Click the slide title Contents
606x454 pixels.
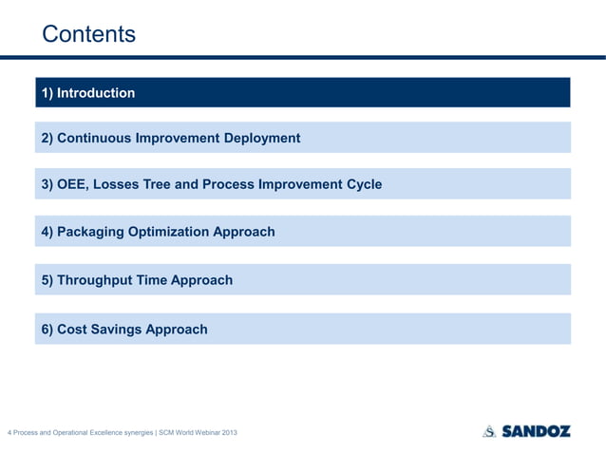pyautogui.click(x=88, y=34)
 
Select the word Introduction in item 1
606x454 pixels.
pyautogui.click(x=96, y=93)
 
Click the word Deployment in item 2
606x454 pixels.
pyautogui.click(x=261, y=139)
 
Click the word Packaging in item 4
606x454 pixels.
pyautogui.click(x=94, y=232)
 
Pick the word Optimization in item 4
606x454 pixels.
pyautogui.click(x=180, y=232)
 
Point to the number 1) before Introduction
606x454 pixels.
pyautogui.click(x=47, y=93)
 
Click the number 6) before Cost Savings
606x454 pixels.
pyautogui.click(x=47, y=330)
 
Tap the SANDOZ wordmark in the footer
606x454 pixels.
pyautogui.click(x=537, y=431)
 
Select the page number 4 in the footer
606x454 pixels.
pyautogui.click(x=9, y=434)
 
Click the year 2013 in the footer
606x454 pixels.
pyautogui.click(x=229, y=434)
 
